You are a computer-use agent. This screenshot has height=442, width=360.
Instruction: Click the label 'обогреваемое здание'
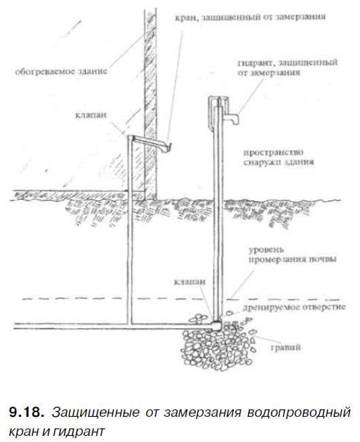click(61, 71)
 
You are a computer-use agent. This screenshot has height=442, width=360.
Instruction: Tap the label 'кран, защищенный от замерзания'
click(250, 17)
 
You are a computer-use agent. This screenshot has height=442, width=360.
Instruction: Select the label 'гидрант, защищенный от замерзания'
click(287, 67)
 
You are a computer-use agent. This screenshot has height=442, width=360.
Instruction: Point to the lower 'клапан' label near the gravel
click(190, 282)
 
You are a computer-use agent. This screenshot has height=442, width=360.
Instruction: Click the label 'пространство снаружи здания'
click(278, 157)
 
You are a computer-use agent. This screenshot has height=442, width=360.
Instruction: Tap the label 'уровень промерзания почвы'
click(292, 254)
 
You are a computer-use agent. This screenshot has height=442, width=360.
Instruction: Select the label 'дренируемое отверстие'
click(294, 307)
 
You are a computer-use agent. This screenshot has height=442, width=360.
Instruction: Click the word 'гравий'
click(286, 347)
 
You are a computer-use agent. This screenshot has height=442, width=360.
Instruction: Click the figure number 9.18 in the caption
click(26, 413)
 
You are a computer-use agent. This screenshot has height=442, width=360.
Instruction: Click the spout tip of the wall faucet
click(169, 146)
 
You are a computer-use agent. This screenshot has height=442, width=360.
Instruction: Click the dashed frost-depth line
click(181, 299)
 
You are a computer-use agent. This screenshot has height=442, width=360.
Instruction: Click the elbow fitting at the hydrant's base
click(217, 326)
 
